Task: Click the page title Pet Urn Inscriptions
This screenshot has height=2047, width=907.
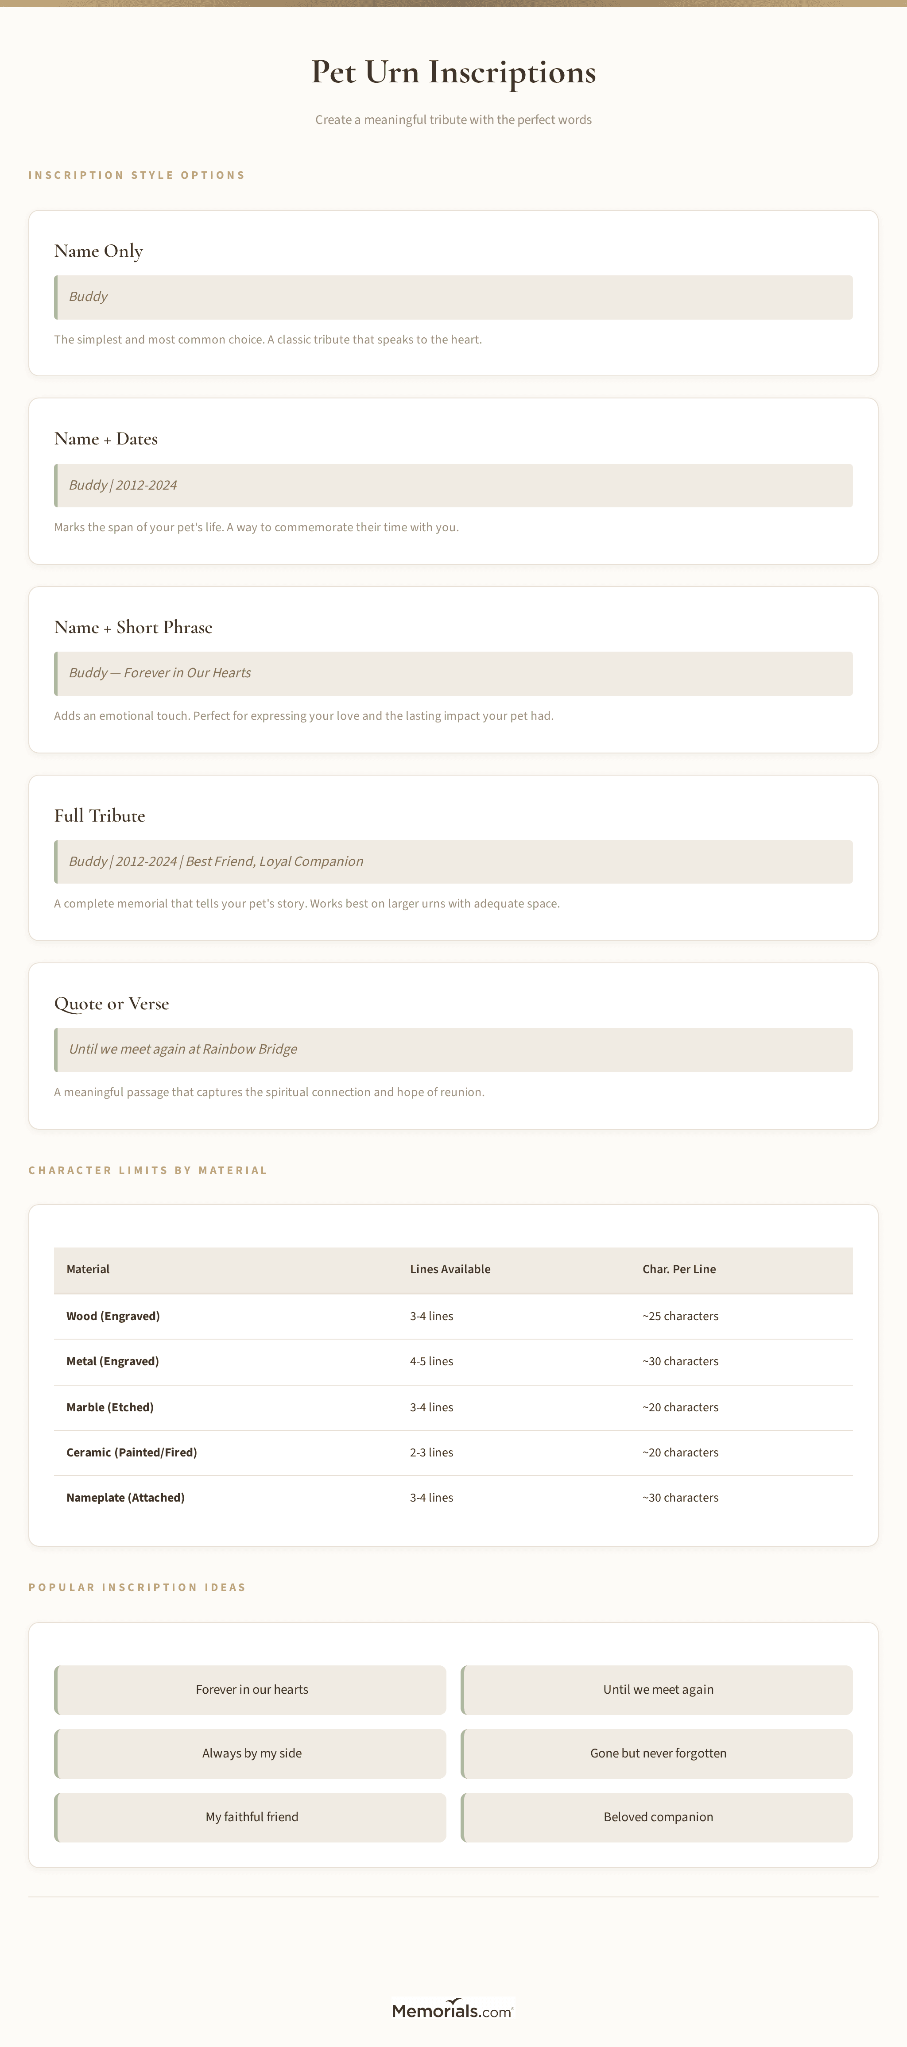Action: pos(453,72)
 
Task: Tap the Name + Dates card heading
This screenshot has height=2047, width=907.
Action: pos(106,439)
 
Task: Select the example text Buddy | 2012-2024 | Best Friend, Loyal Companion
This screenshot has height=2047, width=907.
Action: pos(216,861)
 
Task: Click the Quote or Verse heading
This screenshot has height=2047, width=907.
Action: pos(111,1004)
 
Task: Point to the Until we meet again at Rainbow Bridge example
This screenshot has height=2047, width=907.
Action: pos(183,1049)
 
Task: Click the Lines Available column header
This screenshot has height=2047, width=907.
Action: pos(450,1269)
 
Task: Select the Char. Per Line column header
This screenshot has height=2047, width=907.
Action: pos(679,1269)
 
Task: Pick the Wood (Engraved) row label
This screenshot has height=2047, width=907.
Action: pos(113,1316)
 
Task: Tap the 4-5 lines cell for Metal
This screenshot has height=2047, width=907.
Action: pos(432,1361)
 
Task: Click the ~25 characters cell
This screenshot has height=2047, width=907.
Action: pos(680,1316)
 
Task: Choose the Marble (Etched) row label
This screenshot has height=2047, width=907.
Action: pos(110,1407)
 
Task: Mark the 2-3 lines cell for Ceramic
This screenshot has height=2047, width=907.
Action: pos(432,1452)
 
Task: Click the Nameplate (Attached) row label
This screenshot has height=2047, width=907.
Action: pos(126,1498)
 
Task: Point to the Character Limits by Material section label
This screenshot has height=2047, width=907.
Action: pos(148,1170)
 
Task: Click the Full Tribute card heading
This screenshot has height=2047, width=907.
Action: pos(99,815)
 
